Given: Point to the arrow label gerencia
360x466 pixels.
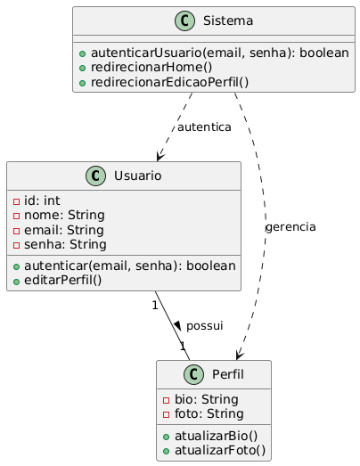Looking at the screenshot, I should pos(290,227).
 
